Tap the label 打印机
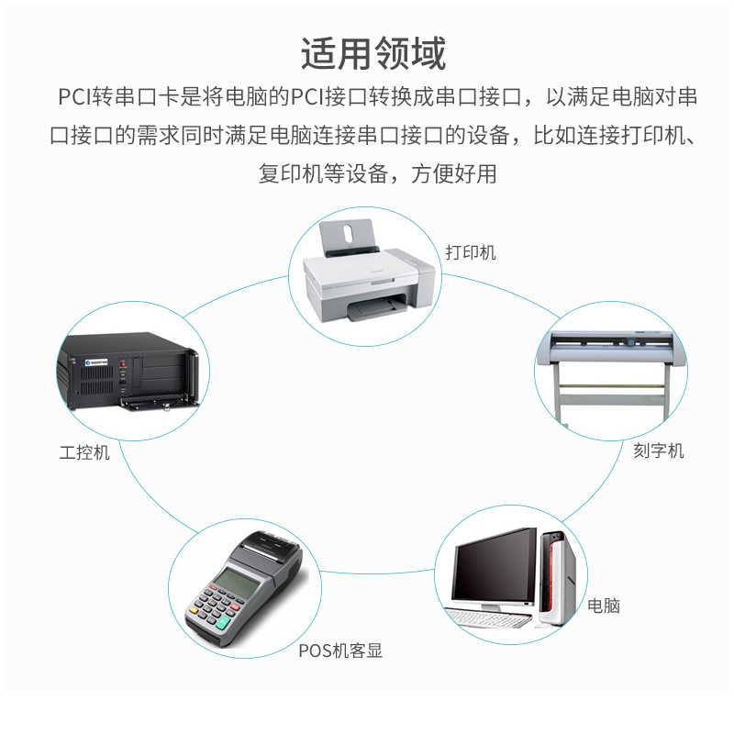point(471,252)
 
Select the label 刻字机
point(658,450)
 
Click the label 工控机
point(84,452)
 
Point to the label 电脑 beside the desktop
point(604,606)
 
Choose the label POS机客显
point(340,651)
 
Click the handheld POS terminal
point(242,587)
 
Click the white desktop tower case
point(558,578)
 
